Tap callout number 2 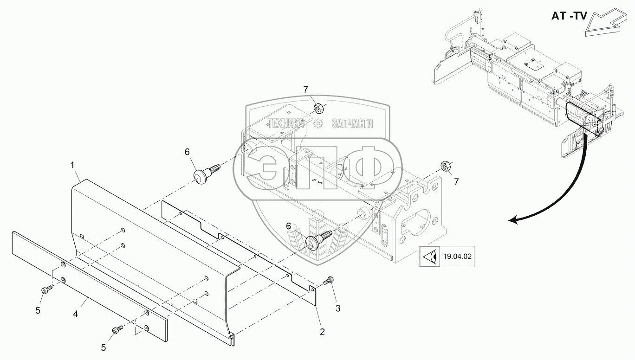(x=322, y=332)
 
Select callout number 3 (x=338, y=308)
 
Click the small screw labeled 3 (x=330, y=280)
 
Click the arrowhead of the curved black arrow (x=512, y=220)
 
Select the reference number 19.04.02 (x=457, y=256)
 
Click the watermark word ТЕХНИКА (x=285, y=123)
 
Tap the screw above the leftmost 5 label (x=46, y=289)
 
